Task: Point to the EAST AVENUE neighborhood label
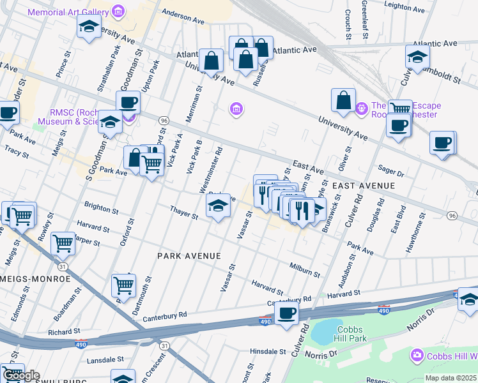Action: pos(364,186)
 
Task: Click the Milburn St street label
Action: pos(304,269)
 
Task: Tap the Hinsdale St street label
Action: pos(268,352)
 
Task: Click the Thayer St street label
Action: pos(184,212)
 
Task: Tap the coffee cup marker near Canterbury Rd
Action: pos(286,313)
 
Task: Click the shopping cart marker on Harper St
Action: pos(63,243)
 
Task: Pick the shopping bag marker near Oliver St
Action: pos(343,100)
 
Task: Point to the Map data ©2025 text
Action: pos(451,378)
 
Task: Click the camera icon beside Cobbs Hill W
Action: pos(417,355)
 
